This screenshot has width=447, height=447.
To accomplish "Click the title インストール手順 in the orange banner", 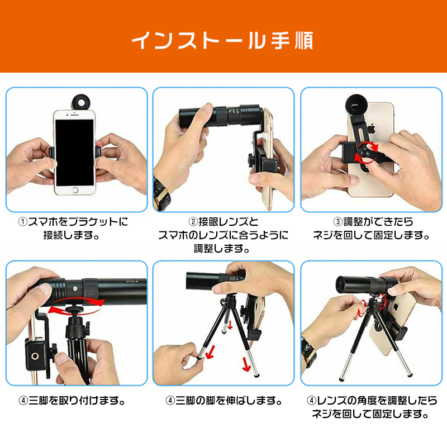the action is point(222,40).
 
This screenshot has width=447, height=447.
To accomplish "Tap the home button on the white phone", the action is point(75,190).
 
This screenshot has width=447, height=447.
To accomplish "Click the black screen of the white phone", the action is point(75,153).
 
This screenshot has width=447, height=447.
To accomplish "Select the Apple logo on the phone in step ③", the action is point(370,129).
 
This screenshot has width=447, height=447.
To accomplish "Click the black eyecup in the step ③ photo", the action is point(356,106).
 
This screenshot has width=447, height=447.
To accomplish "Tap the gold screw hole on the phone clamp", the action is point(35,355).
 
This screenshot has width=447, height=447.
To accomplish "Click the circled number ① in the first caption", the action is point(22,222).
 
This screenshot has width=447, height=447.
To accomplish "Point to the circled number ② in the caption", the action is point(193,221).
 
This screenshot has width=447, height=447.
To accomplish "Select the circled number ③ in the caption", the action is point(338,221).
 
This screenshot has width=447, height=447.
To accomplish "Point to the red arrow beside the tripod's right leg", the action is point(246,364).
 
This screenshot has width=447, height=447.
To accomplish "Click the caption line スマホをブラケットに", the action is point(78,222).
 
